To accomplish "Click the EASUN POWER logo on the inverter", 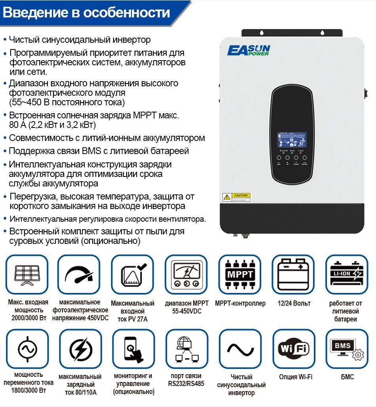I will (249, 51).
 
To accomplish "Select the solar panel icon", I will (27, 274).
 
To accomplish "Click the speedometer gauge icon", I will (79, 274).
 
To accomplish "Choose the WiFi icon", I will (293, 349).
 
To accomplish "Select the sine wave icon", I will (240, 349).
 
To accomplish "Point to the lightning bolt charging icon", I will (80, 349).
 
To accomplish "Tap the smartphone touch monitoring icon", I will (133, 349).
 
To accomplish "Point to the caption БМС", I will (347, 377).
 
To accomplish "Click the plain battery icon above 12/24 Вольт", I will (293, 274).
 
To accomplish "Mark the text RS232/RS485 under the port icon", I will (186, 384).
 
